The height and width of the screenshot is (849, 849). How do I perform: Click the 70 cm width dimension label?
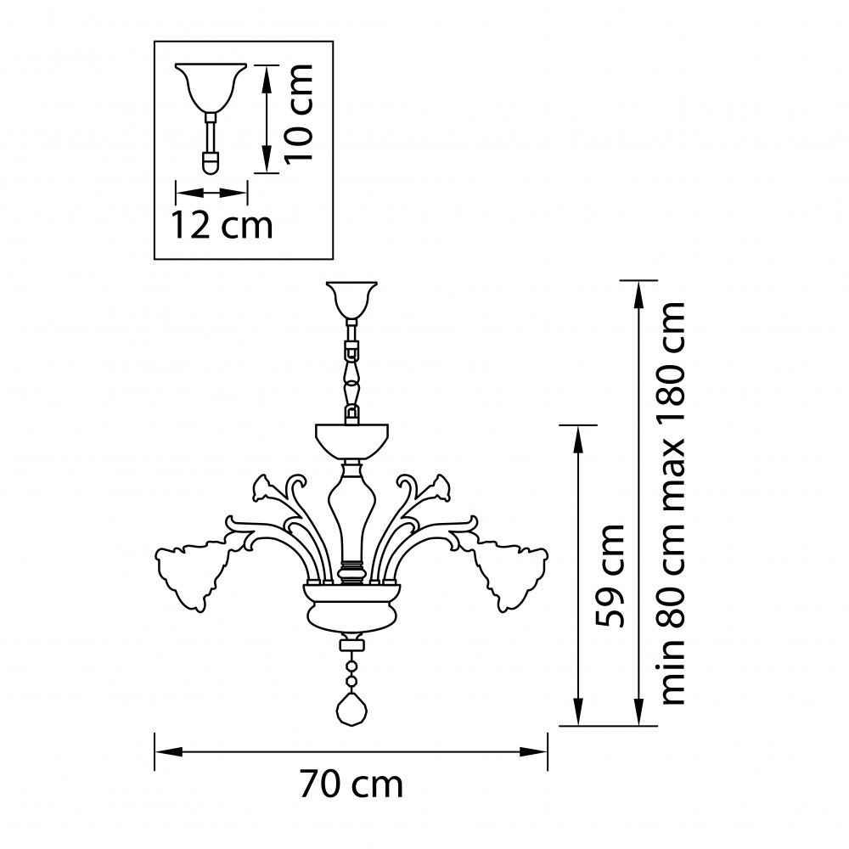(352, 784)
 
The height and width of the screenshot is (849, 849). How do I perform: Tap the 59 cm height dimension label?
(610, 576)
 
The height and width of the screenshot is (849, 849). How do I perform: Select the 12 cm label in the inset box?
(222, 225)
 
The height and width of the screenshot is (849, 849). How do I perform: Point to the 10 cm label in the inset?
(299, 113)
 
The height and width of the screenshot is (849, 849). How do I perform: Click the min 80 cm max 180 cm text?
(673, 503)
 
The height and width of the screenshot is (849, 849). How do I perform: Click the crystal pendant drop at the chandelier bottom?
(352, 708)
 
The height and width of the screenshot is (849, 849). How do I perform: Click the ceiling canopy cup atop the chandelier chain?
(351, 300)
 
